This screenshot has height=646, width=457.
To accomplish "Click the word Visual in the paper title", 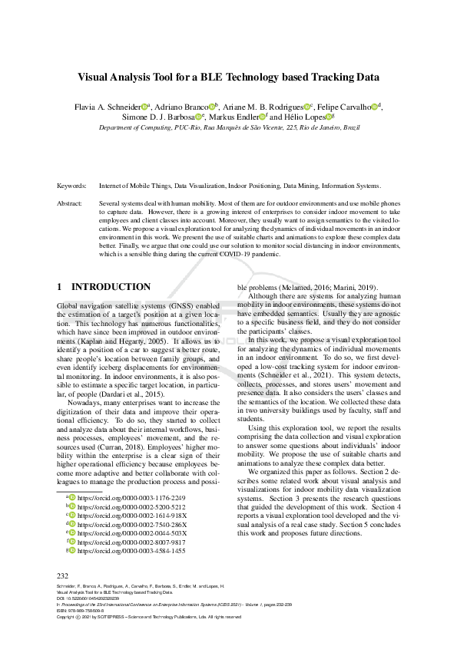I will click(x=96, y=77).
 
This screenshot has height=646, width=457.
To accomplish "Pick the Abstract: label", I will click(x=71, y=203).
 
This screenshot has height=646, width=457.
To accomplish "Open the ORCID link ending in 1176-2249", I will click(x=131, y=498).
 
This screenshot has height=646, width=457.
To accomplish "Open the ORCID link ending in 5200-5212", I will click(x=131, y=507).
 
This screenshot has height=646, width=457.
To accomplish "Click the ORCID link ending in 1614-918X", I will click(x=131, y=516).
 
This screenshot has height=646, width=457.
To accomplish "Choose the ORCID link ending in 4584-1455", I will click(x=131, y=551).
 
